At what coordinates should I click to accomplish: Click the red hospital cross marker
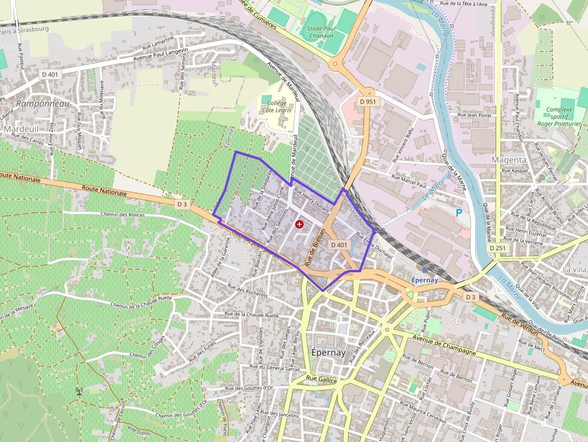(299, 224)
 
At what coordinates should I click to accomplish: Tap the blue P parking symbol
(459, 212)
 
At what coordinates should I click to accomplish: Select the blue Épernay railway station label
(425, 280)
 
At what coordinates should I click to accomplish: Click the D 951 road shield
(368, 102)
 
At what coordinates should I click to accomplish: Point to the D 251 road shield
(498, 248)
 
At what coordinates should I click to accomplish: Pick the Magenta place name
(509, 160)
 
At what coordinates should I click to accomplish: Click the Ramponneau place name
(43, 103)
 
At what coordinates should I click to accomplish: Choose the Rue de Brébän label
(316, 247)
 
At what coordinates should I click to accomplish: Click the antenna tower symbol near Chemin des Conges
(79, 392)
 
